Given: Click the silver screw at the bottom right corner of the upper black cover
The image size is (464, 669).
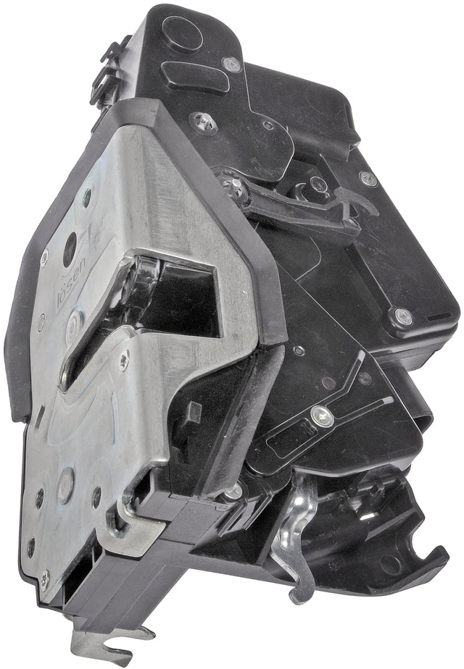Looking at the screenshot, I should coord(399,316).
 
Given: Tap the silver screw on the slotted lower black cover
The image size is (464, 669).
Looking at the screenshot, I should coord(322,415).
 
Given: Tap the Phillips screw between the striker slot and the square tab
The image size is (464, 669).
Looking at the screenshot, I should coord(124,356).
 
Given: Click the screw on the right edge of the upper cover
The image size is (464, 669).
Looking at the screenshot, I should coord(369,178).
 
